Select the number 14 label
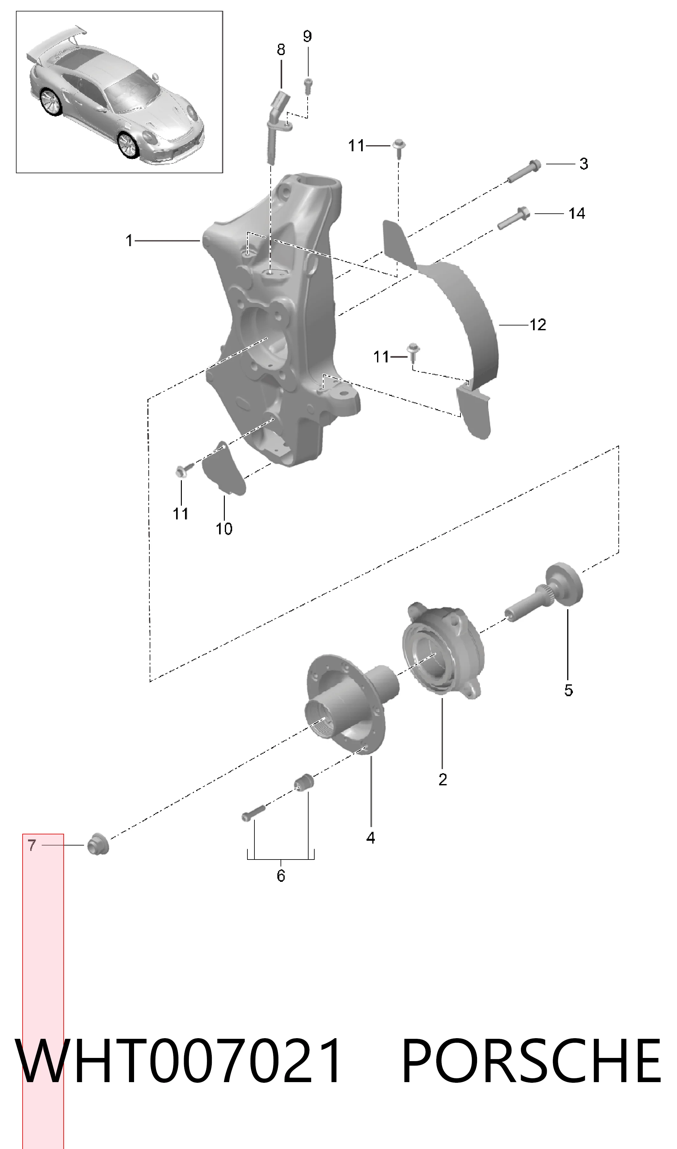point(577,213)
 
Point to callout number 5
point(568,690)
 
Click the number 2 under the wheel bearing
point(443,780)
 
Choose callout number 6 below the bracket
point(281,875)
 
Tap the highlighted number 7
point(32,845)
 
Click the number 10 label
point(224,529)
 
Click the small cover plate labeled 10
point(224,468)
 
